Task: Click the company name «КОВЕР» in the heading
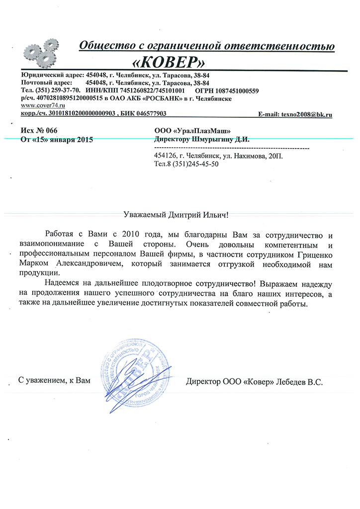(169, 62)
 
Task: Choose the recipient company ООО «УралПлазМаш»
(192, 130)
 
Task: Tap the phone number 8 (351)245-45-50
(192, 165)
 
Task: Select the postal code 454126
(167, 156)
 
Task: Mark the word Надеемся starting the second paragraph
(61, 284)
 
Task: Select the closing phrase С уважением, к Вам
(55, 381)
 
